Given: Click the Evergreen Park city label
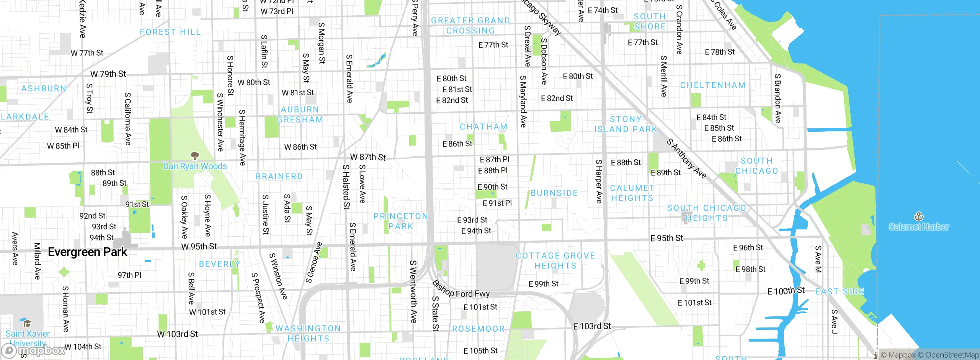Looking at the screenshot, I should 87,252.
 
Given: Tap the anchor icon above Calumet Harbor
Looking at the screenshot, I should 918,217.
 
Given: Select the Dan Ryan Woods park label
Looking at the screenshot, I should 195,166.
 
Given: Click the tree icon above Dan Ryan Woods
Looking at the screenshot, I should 195,155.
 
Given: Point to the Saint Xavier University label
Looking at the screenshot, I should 27,338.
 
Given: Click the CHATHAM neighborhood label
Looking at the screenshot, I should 483,127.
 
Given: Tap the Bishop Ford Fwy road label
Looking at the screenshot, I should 461,290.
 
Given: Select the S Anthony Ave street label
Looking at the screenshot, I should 686,159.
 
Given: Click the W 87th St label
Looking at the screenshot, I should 368,157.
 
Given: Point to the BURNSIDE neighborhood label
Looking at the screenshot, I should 554,193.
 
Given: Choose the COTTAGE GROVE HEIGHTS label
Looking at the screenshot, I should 555,261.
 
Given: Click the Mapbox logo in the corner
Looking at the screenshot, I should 34,350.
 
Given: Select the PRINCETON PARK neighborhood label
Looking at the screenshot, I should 401,221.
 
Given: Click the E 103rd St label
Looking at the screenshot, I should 592,326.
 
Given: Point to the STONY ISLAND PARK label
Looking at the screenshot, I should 626,124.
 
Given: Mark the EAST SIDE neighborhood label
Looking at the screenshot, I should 840,292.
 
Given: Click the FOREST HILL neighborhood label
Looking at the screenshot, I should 170,32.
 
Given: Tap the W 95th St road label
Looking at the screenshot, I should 199,247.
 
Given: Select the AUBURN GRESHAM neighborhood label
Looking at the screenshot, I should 300,115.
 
